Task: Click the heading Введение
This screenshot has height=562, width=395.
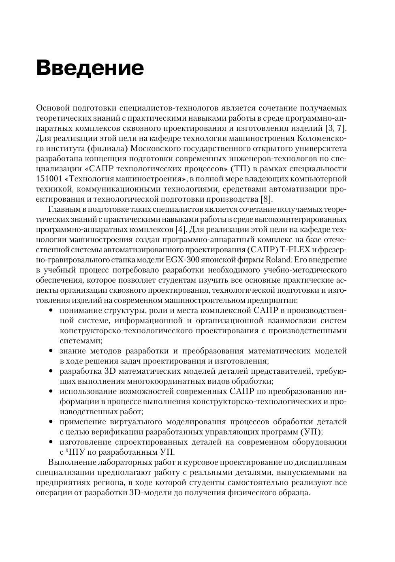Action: click(x=90, y=68)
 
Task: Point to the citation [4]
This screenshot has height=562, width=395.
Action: click(x=181, y=230)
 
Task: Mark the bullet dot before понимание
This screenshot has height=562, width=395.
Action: click(x=51, y=311)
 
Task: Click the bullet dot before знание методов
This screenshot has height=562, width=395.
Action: click(x=51, y=351)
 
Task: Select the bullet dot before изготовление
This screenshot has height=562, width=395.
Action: click(x=51, y=442)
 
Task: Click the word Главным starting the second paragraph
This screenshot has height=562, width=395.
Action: click(x=64, y=209)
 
